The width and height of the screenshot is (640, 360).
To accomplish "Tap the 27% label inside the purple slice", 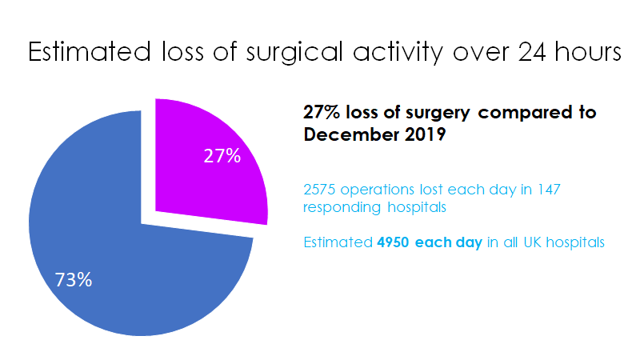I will pyautogui.click(x=222, y=156).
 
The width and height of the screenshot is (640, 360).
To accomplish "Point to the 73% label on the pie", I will pyautogui.click(x=74, y=280).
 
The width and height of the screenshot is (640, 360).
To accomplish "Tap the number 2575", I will pyautogui.click(x=322, y=190).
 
